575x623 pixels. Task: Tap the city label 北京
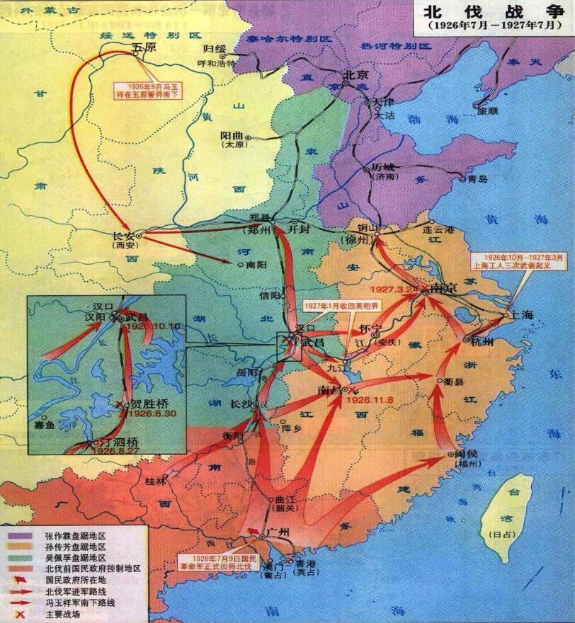(352, 74)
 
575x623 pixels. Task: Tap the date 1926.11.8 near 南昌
(362, 399)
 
